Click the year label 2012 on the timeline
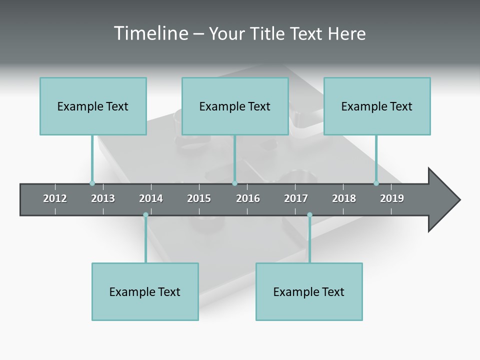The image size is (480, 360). [55, 198]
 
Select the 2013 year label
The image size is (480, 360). [103, 198]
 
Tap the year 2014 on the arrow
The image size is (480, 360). [151, 198]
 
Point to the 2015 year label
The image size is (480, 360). [199, 198]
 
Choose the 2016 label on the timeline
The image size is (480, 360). [248, 198]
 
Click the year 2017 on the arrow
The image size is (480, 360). [296, 198]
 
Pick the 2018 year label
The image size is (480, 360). [344, 198]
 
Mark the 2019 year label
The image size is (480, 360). [392, 198]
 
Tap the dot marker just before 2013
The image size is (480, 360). [92, 183]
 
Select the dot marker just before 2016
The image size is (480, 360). [234, 183]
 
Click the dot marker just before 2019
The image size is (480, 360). [376, 183]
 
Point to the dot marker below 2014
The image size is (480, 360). [145, 215]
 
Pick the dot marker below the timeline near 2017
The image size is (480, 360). [309, 215]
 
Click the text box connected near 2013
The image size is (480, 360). [93, 106]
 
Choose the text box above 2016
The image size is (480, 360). [235, 106]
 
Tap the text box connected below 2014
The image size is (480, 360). [145, 291]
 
